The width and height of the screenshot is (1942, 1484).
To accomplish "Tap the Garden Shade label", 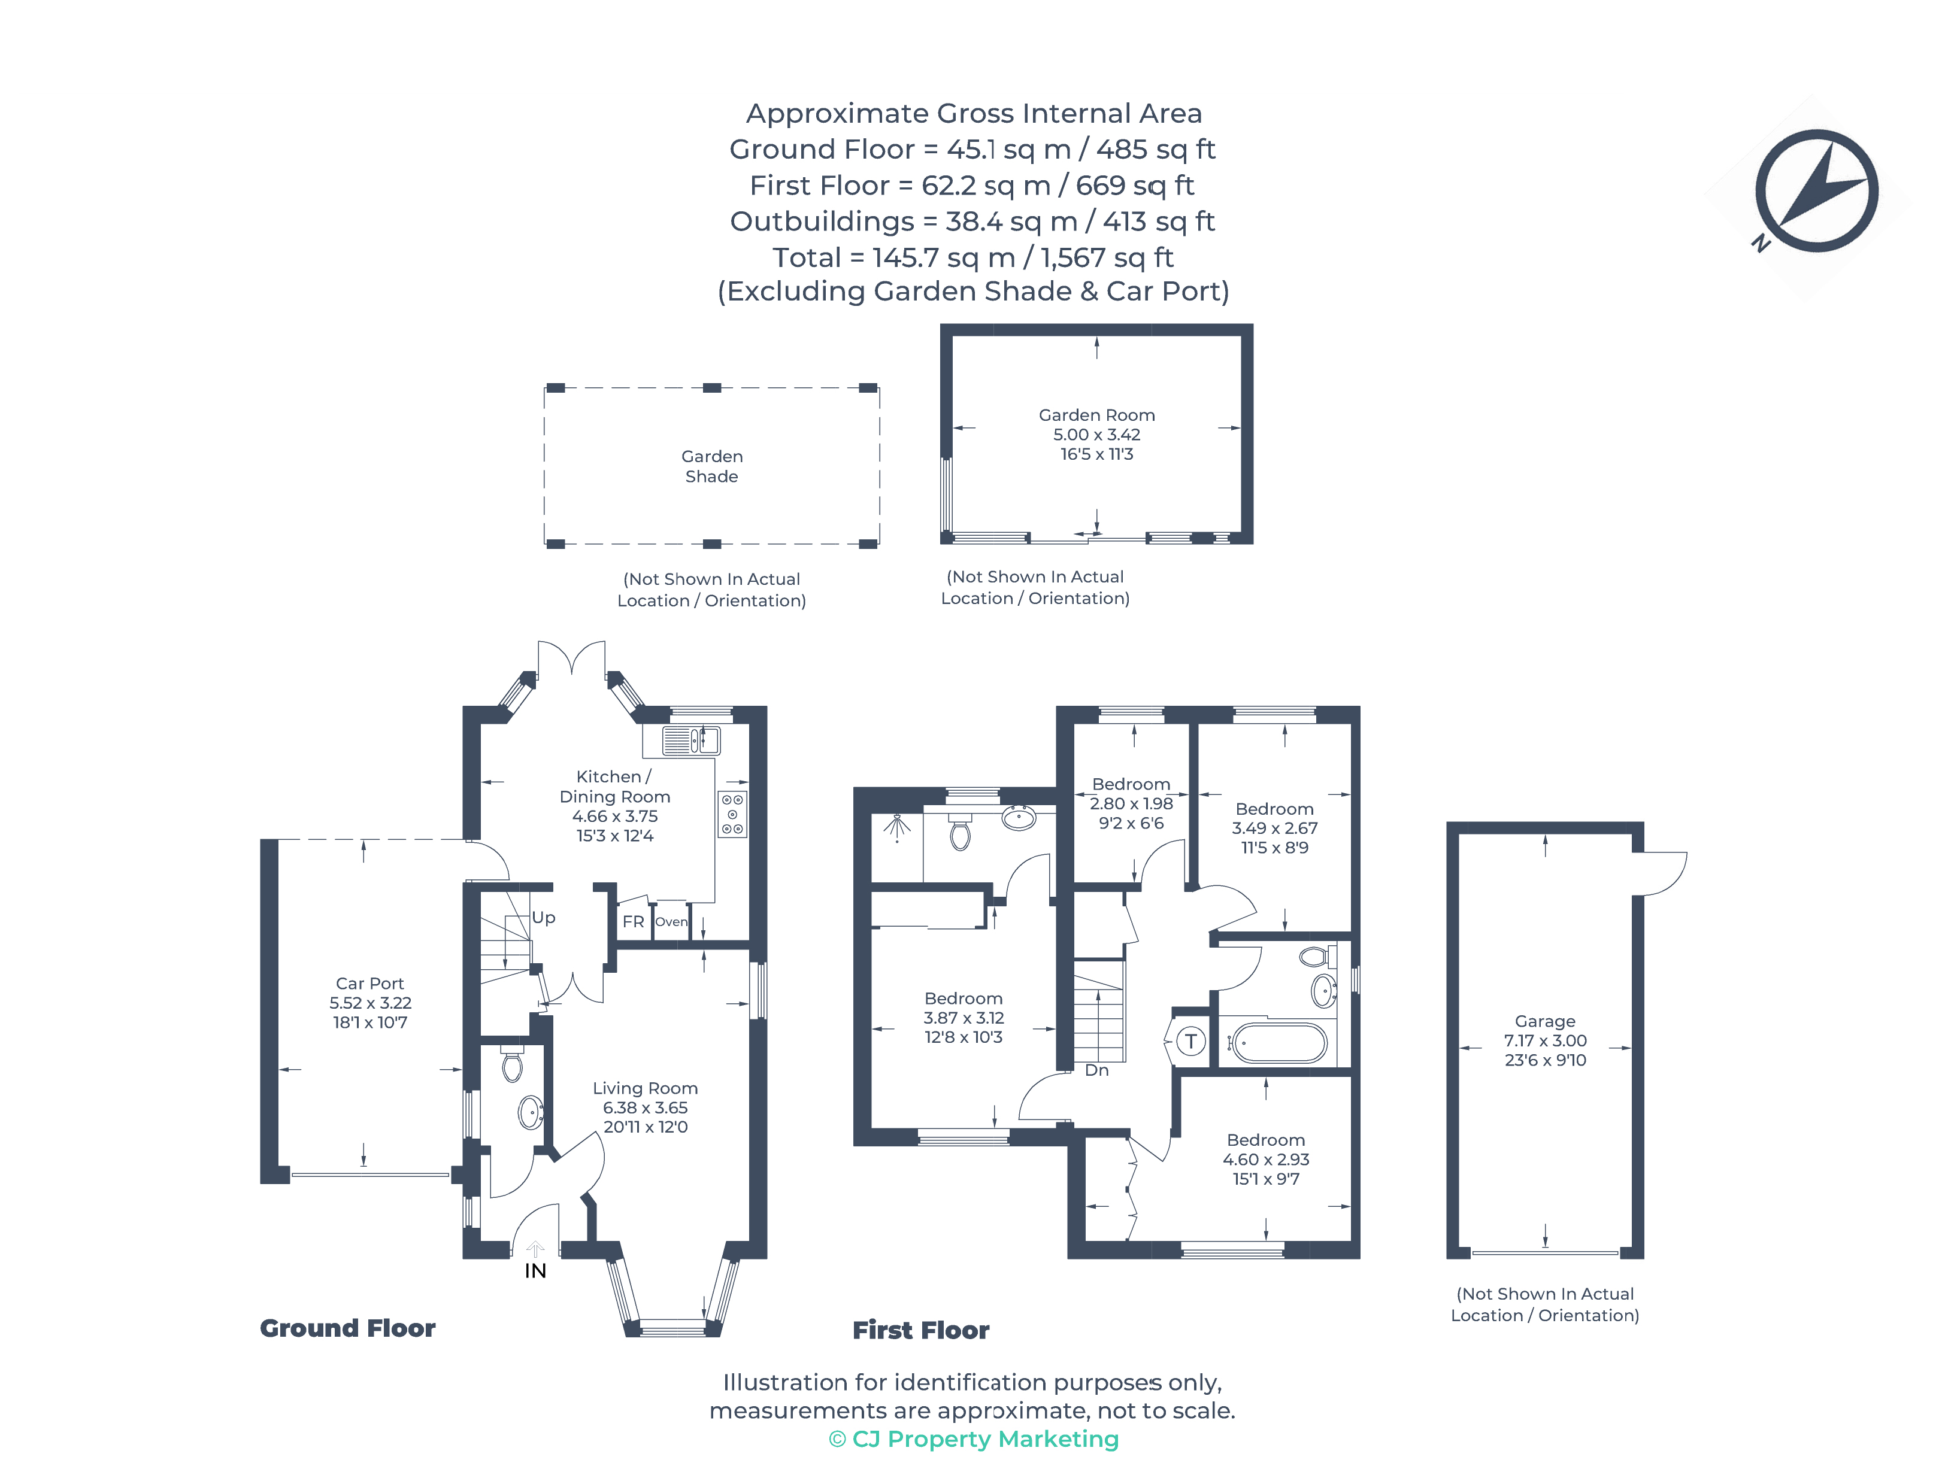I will [x=711, y=466].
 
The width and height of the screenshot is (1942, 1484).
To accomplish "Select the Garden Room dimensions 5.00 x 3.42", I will [x=1096, y=435].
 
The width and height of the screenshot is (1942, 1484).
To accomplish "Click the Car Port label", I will [x=369, y=983].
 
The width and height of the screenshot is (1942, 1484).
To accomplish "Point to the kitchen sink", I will [x=691, y=741].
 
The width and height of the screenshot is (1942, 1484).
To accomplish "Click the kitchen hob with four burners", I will [x=732, y=814].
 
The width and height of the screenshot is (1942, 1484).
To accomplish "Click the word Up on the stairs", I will [x=543, y=918].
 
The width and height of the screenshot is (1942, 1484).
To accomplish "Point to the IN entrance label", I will [x=535, y=1271].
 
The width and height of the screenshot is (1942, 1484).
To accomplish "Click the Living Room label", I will [x=645, y=1088].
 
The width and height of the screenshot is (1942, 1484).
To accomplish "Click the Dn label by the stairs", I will [x=1096, y=1070].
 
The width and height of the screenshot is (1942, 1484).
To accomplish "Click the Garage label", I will [x=1544, y=1021].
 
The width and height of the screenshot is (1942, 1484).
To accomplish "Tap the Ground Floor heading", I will [x=347, y=1328].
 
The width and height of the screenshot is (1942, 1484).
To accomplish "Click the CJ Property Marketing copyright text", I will [x=974, y=1439].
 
